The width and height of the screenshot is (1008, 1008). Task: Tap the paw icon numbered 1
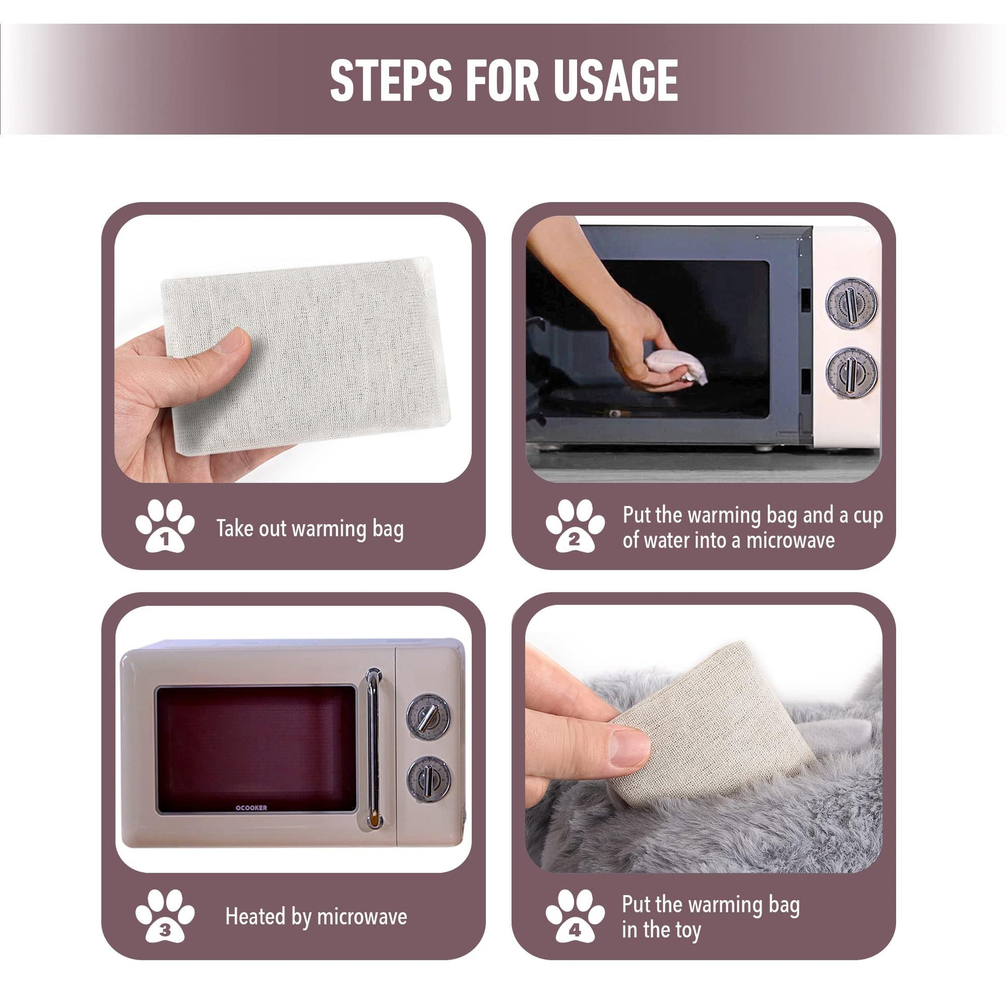165,525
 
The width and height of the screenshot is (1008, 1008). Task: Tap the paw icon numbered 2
575,525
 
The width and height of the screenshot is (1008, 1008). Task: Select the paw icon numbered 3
165,916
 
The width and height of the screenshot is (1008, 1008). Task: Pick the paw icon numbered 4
575,916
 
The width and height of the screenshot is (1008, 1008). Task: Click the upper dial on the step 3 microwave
429,716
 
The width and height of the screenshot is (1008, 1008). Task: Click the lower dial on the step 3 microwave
429,780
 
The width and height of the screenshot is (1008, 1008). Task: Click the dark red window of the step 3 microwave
256,749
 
